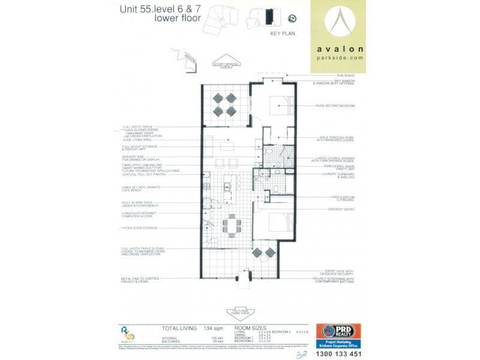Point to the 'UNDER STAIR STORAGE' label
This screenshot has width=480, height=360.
pos(140,228)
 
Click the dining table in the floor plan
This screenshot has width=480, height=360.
pos(232,226)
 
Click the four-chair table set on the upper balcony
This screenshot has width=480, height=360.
pos(224,104)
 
